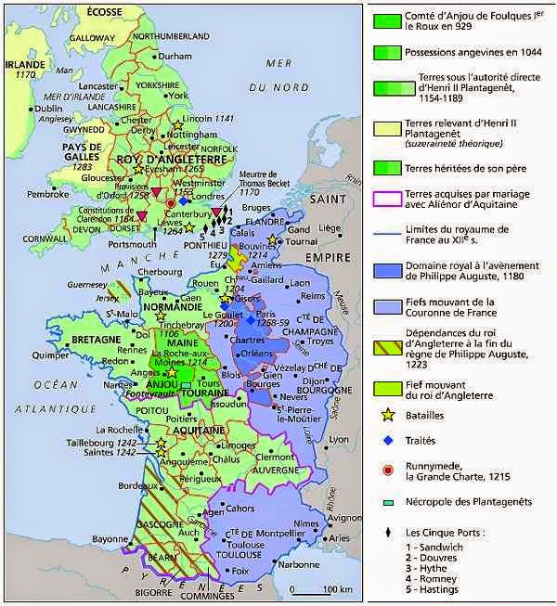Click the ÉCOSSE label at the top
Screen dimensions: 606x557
(104, 10)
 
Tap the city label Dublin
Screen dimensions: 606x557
(48, 109)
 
